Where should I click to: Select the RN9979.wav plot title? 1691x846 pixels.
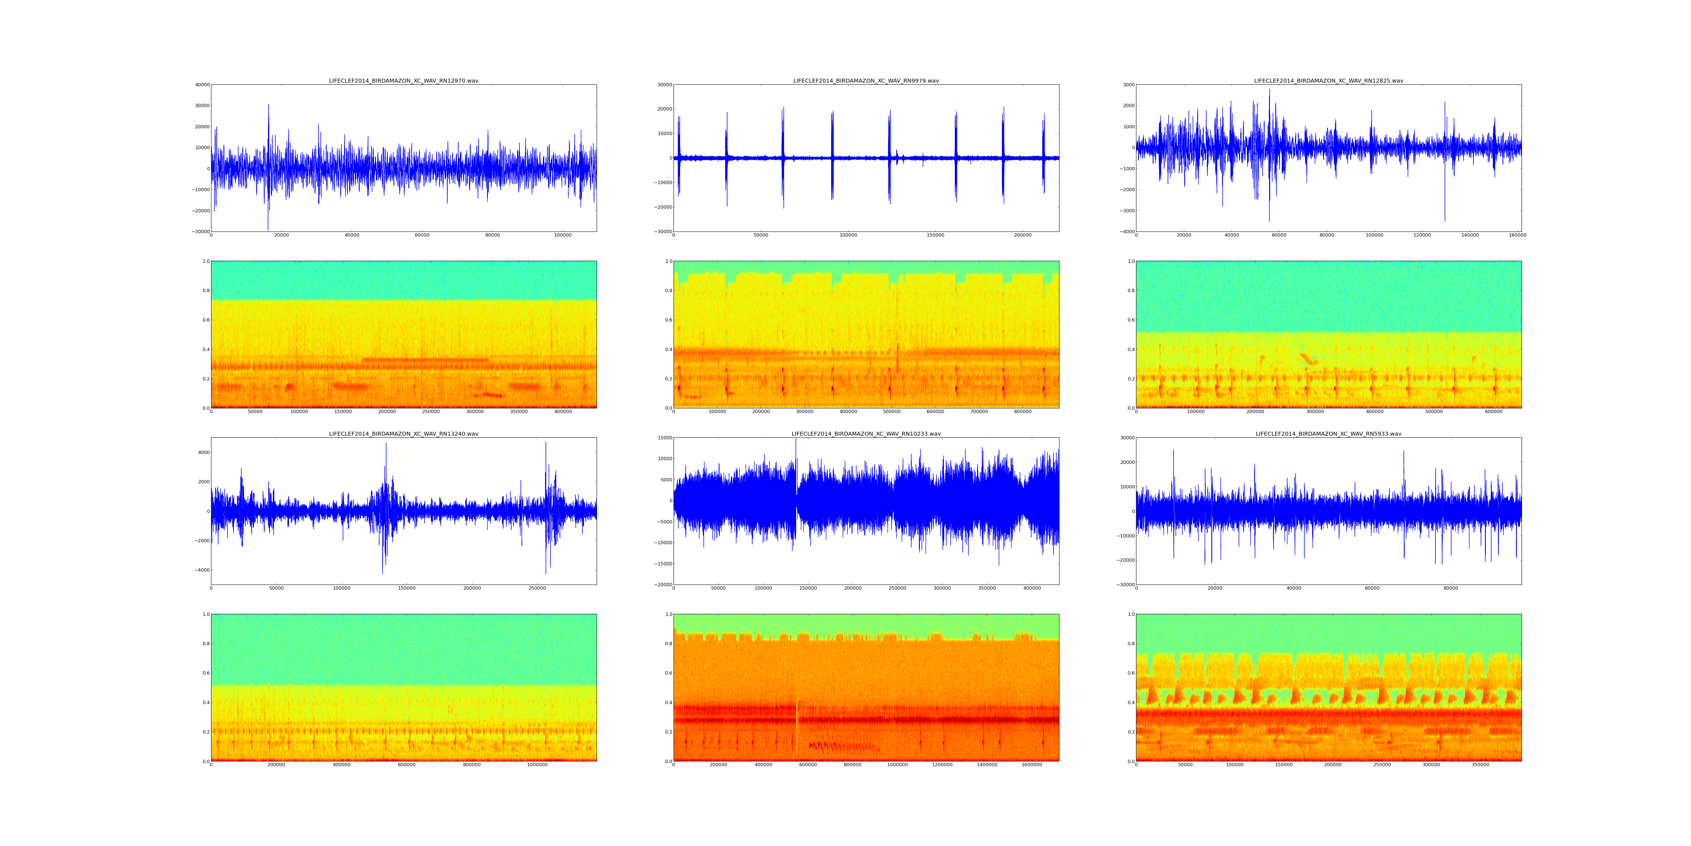point(866,81)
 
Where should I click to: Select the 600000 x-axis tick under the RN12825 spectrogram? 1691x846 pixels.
point(1493,412)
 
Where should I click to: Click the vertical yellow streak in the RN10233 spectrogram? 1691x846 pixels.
point(797,722)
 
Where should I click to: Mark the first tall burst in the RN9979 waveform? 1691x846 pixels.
point(678,156)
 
